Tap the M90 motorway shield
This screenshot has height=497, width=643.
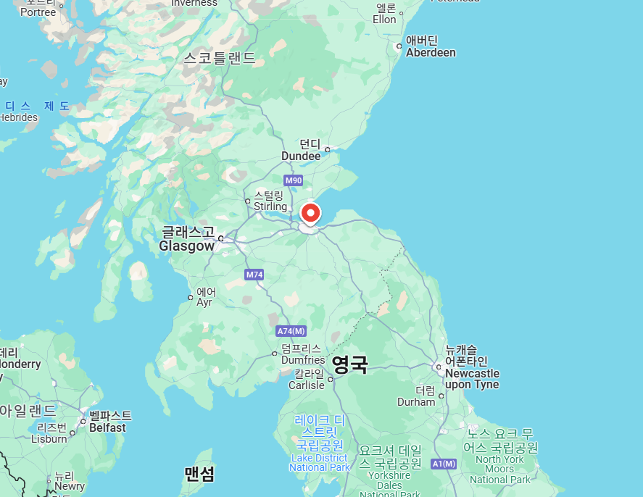coord(293,180)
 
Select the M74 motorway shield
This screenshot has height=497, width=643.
coord(254,275)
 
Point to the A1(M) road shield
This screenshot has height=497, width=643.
coord(443,464)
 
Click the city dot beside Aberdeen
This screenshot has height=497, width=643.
coord(399,46)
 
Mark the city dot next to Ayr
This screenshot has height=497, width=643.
coord(191,297)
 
